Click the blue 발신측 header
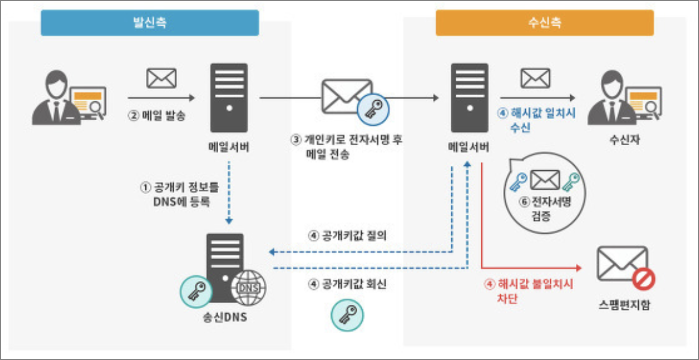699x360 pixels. coord(150,23)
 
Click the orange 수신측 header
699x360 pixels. coord(544,23)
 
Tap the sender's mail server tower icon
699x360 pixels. coord(228,97)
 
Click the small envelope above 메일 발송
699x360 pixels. coord(161,78)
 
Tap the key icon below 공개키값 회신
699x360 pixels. coord(347,315)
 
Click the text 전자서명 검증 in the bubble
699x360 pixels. coord(543,209)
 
